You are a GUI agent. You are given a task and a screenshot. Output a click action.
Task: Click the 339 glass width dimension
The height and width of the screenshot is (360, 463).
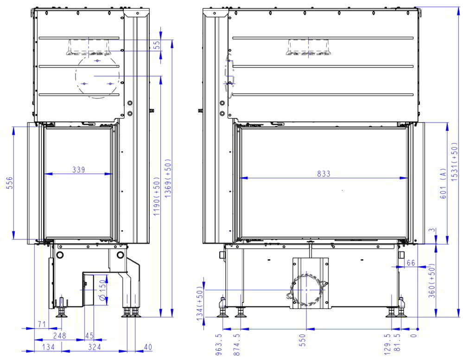coord(78,170)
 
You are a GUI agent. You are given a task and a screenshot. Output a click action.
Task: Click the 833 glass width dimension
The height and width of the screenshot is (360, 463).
coord(323,174)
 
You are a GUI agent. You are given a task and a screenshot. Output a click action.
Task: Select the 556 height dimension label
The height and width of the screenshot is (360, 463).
coord(10,183)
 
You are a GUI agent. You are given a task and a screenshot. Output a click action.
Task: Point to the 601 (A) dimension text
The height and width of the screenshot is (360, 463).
coord(443,184)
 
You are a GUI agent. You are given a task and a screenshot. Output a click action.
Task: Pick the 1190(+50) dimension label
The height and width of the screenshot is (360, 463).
coord(157,196)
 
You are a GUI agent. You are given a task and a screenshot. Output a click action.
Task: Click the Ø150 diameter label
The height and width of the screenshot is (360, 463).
coord(102,290)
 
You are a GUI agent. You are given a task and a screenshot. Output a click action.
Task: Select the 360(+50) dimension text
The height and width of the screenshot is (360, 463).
coord(431,281)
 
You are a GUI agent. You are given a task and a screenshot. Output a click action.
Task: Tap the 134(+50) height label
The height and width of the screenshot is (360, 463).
coord(200,303)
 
